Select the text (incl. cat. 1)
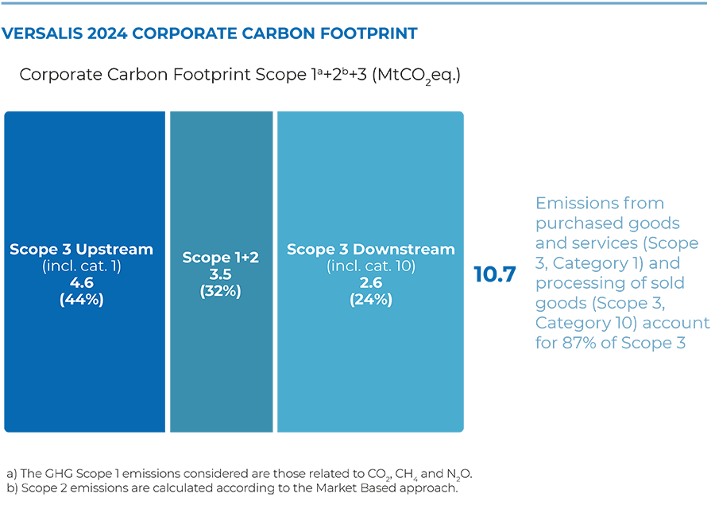(81, 266)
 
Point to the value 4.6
(81, 283)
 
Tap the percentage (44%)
(81, 300)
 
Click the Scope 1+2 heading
(221, 258)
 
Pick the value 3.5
(221, 274)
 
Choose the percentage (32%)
(221, 291)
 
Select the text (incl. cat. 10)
(370, 266)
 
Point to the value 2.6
(370, 283)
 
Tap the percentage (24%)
(370, 300)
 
